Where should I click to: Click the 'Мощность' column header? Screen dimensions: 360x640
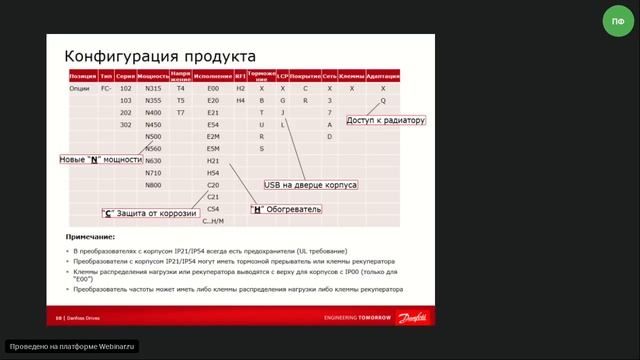click(x=152, y=75)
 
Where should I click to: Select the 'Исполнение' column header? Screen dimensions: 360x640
click(x=212, y=75)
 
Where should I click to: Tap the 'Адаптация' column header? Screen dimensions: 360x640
click(x=383, y=75)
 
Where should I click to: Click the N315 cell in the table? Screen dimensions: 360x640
click(x=152, y=88)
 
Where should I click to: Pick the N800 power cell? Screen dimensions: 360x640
click(x=152, y=185)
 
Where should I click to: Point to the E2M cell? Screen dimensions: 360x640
click(x=212, y=136)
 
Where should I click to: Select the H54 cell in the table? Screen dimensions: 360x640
click(x=212, y=173)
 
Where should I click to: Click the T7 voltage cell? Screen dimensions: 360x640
click(x=181, y=112)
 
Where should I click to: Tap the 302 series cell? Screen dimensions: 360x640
click(x=126, y=124)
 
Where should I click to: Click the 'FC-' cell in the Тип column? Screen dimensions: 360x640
click(x=106, y=88)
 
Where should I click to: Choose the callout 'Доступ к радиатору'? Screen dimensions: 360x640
click(x=386, y=120)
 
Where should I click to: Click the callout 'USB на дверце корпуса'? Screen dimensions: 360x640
click(x=310, y=185)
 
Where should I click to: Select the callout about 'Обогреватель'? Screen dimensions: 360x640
click(x=286, y=209)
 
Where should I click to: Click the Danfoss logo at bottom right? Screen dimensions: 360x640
click(x=412, y=318)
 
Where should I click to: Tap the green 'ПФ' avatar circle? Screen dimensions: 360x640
click(x=613, y=22)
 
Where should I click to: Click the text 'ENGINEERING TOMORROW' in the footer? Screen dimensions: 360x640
click(x=357, y=319)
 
